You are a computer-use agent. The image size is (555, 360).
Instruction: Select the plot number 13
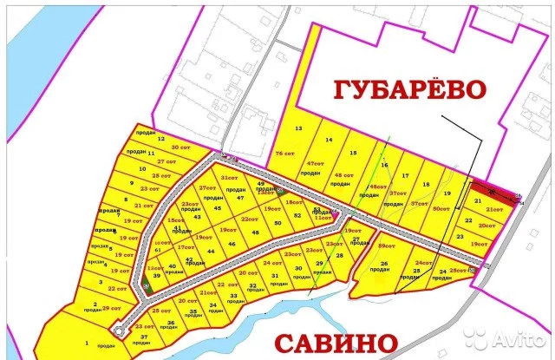coord(299,128)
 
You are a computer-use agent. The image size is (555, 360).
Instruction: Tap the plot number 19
coord(447,193)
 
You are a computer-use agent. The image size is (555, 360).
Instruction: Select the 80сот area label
coord(441,208)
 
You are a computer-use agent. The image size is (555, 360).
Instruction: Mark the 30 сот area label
coord(180,147)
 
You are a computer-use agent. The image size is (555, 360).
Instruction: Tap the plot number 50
coord(277,223)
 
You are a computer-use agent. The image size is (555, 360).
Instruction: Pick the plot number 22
coord(468,221)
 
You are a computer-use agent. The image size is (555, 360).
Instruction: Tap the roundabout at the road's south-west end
coord(119,331)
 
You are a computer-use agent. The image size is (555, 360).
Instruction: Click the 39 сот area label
coord(112,309)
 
